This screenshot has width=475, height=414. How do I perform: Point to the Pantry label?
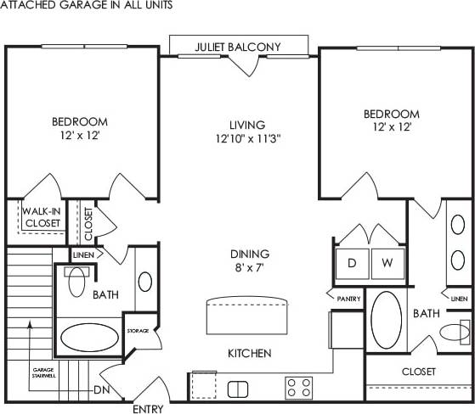(x=348, y=299)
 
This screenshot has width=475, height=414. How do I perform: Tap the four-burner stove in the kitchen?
(x=298, y=388)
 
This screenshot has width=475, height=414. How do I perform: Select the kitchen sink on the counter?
(x=238, y=389)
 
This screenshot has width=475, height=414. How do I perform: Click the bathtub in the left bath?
(x=92, y=338)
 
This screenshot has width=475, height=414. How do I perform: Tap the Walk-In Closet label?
(x=41, y=217)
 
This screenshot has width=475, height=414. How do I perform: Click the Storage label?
(x=139, y=330)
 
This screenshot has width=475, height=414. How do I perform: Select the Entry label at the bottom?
(x=149, y=408)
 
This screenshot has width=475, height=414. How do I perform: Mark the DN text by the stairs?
(x=100, y=390)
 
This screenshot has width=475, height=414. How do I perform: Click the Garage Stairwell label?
(x=43, y=374)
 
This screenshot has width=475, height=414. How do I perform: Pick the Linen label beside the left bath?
(x=83, y=254)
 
